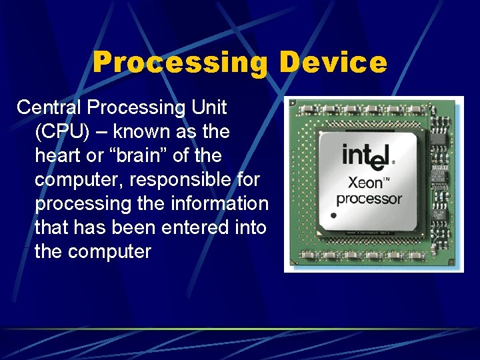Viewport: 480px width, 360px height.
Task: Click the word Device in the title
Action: tap(333, 63)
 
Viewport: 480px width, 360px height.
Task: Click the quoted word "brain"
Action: tap(145, 155)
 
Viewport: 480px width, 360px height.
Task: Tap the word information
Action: tap(219, 204)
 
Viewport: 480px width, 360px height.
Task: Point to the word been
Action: tap(133, 228)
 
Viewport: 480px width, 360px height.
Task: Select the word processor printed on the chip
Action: tap(369, 199)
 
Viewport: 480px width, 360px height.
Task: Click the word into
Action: tap(250, 228)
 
